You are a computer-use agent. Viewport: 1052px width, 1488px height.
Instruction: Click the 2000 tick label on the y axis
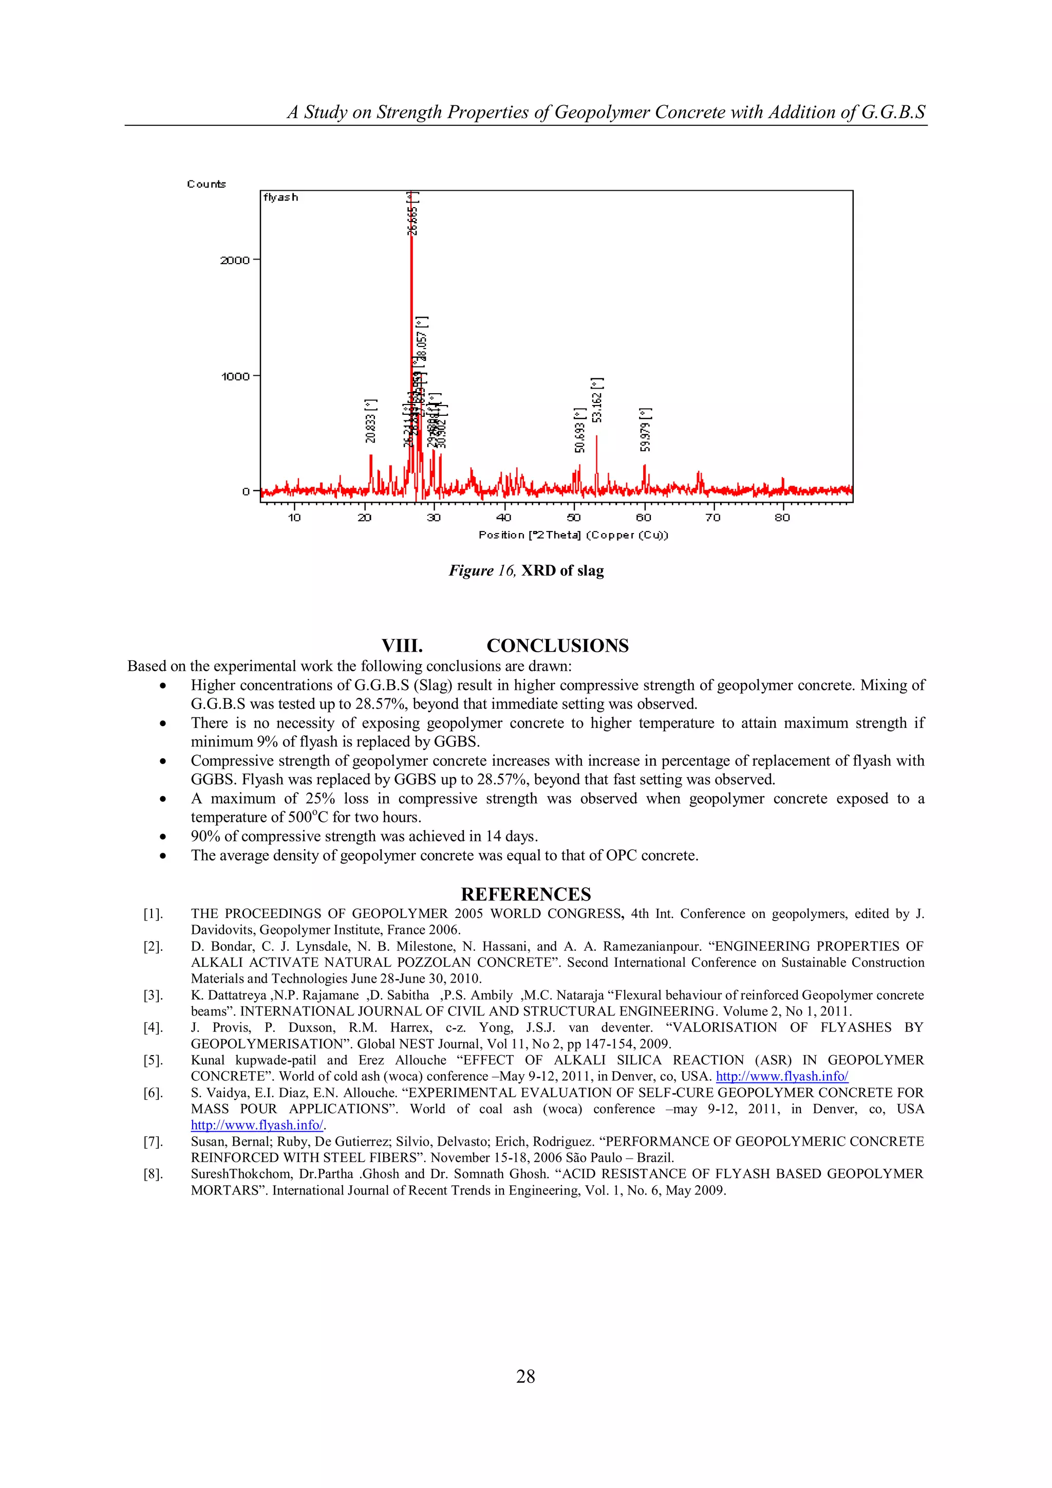click(x=235, y=261)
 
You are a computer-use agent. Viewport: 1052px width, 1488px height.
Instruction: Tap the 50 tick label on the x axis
click(x=574, y=517)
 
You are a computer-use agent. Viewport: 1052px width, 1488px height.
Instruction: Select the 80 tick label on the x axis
click(x=782, y=517)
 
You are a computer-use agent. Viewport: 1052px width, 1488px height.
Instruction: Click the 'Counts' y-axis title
click(x=206, y=184)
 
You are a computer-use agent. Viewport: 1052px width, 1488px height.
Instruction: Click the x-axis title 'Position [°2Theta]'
click(x=573, y=535)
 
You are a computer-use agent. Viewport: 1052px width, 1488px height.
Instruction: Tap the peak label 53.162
click(x=597, y=400)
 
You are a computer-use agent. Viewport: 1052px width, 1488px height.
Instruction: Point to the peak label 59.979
click(x=645, y=429)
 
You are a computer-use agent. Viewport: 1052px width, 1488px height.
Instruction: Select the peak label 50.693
click(x=580, y=430)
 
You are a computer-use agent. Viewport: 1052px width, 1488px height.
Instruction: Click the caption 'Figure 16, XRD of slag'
click(x=526, y=571)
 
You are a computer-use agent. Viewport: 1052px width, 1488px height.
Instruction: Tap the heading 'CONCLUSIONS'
click(x=557, y=646)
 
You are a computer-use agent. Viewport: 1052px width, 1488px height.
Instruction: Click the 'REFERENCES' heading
click(x=525, y=894)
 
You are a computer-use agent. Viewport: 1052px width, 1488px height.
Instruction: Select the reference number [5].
click(x=153, y=1060)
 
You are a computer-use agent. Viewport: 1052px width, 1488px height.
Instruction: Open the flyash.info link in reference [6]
click(x=256, y=1125)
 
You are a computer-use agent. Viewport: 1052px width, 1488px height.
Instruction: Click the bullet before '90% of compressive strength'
click(x=163, y=837)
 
